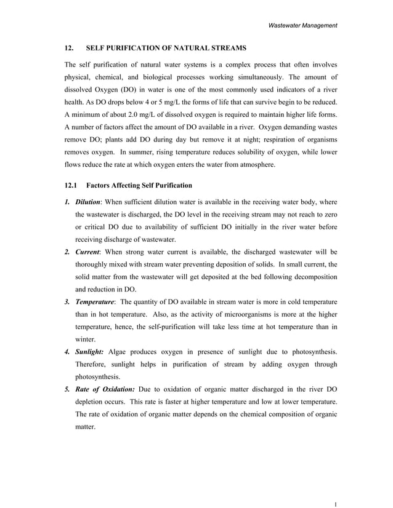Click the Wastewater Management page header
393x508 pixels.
302,25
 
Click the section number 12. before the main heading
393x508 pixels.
70,47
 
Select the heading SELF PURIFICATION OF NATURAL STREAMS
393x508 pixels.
166,47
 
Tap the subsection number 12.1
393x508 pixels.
71,185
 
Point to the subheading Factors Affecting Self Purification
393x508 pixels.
139,185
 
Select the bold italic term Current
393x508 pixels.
87,252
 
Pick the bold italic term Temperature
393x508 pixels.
95,302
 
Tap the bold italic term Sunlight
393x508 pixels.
89,352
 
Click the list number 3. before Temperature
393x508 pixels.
68,302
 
